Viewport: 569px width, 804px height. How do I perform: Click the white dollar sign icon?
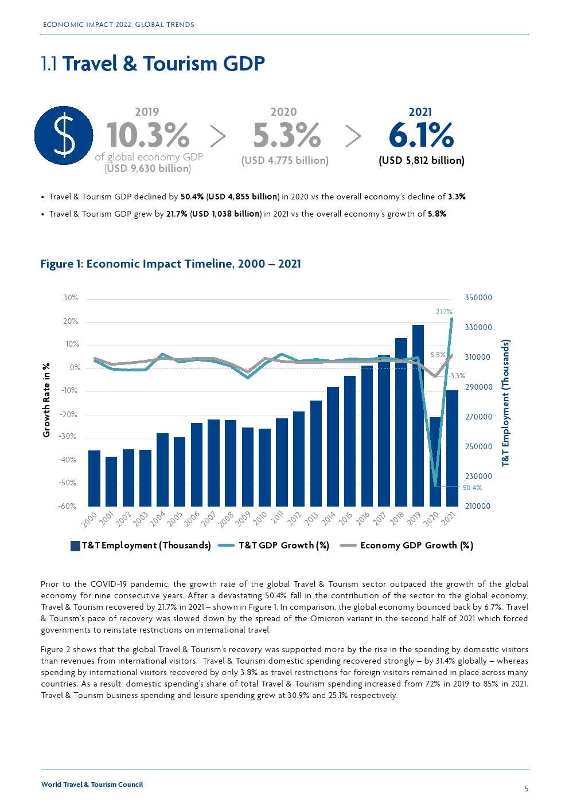click(x=64, y=135)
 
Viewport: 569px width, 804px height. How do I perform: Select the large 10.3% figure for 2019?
click(x=148, y=135)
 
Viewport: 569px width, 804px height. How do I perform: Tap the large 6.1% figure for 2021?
click(x=421, y=135)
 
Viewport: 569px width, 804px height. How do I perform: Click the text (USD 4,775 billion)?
click(x=284, y=160)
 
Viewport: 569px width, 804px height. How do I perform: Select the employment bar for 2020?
click(x=435, y=461)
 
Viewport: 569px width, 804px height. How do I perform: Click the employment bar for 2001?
click(x=111, y=481)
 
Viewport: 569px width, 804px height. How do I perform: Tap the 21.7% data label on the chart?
click(x=444, y=312)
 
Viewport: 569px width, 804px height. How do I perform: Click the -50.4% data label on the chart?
click(x=471, y=488)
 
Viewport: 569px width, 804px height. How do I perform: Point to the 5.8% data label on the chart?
click(x=438, y=355)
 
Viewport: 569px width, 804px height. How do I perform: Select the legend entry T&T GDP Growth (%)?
click(x=283, y=546)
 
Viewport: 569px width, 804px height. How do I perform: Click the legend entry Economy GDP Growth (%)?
click(x=416, y=546)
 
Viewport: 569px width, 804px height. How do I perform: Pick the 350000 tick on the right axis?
click(x=478, y=298)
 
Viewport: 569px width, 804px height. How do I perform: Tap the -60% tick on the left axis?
click(x=67, y=507)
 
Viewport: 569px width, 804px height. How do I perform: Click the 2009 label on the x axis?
click(x=243, y=519)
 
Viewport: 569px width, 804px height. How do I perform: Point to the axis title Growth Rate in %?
click(x=46, y=400)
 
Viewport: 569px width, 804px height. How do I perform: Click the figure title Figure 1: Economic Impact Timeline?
click(x=170, y=264)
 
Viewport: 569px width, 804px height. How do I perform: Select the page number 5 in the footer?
click(x=527, y=789)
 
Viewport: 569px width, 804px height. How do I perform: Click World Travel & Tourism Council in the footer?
click(x=92, y=785)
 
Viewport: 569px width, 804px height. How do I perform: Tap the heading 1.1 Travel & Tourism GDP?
click(x=153, y=64)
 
